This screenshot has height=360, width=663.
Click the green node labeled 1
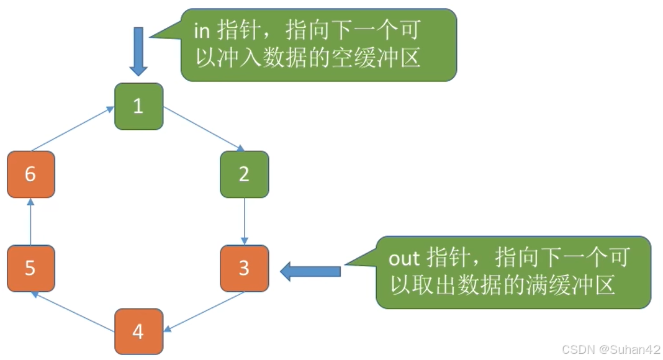coord(138,106)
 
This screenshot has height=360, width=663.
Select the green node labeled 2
coord(245,174)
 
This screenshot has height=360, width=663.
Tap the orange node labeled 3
coord(245,268)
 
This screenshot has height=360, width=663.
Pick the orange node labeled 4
coord(138,331)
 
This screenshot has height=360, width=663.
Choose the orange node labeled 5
coord(30,268)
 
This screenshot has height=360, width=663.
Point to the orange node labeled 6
coord(30,174)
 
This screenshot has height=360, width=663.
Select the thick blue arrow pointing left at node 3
coord(310,271)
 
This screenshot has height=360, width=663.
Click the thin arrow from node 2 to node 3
coord(245,221)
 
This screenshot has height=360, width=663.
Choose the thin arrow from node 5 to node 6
coord(30,221)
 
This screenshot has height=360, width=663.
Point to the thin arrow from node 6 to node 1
coord(73,128)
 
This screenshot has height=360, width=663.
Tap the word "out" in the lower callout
coord(404,258)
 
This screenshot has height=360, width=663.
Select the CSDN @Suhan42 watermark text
coord(611,350)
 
